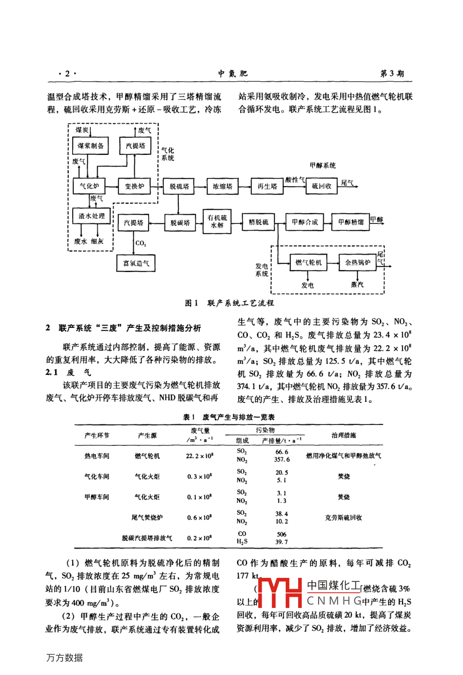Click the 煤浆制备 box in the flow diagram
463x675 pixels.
point(91,146)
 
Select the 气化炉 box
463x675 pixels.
point(89,187)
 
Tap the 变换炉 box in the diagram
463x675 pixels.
point(134,187)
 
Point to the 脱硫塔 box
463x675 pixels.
point(179,187)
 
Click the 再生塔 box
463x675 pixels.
point(267,187)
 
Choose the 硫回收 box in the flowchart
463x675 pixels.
point(322,187)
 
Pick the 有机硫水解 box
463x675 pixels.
point(217,221)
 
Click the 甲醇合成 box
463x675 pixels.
point(305,222)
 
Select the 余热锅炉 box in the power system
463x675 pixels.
point(357,263)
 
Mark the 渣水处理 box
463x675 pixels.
point(91,216)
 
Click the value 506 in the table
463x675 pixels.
point(281,534)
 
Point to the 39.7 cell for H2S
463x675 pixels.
point(281,542)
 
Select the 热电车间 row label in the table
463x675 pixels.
point(97,456)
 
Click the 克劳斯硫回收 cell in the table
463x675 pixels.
point(344,517)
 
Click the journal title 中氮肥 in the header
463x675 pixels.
point(233,74)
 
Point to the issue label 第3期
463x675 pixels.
point(392,74)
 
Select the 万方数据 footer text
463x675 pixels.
point(64,658)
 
